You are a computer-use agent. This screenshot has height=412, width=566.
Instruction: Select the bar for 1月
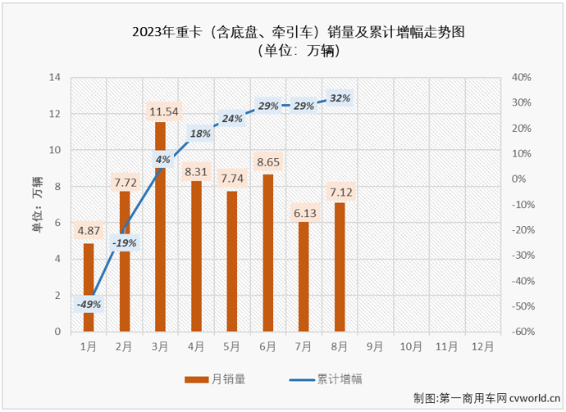[x=89, y=287]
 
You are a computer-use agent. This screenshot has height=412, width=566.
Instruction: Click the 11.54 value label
[x=162, y=111]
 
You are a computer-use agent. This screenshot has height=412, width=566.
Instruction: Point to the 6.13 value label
[x=304, y=212]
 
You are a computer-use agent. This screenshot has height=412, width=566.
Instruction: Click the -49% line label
[x=89, y=305]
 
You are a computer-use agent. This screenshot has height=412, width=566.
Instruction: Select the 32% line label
[x=340, y=98]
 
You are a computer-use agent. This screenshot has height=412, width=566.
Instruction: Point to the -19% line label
[x=125, y=242]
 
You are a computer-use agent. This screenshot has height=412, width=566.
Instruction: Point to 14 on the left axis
[x=55, y=78]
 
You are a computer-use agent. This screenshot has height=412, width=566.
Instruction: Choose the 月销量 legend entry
[x=215, y=378]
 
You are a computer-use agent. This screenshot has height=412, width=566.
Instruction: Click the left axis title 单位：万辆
[x=37, y=205]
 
